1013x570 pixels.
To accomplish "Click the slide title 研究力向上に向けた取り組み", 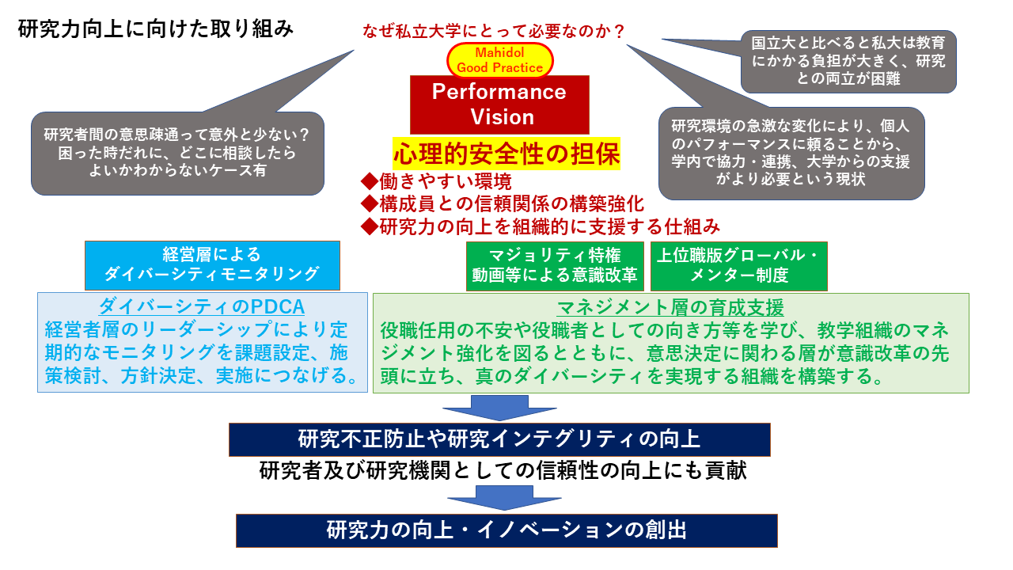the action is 156,29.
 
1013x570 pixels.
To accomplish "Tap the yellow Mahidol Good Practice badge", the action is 499,60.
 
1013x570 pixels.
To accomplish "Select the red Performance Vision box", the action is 499,104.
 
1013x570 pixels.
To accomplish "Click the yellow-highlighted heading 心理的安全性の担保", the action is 506,154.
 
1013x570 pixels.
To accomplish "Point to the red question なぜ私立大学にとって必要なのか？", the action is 494,31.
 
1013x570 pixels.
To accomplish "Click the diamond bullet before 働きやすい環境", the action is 370,182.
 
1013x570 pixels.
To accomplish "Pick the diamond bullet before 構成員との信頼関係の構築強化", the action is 370,204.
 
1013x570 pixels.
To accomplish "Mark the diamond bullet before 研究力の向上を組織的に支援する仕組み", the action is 370,226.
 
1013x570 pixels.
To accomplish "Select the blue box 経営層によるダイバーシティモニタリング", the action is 212,265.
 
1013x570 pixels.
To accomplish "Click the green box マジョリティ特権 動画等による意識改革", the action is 555,266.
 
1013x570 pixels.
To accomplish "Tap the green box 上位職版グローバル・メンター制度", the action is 739,266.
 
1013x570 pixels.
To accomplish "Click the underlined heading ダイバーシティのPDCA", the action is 202,306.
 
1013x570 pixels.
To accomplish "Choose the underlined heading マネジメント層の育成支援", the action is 670,308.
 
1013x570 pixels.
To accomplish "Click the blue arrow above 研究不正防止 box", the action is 499,408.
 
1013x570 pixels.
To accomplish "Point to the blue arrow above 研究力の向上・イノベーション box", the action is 504,498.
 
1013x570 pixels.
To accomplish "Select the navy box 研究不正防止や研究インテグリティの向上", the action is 499,439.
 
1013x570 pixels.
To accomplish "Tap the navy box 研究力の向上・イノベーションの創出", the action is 506,530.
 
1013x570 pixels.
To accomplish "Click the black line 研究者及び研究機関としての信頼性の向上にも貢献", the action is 503,470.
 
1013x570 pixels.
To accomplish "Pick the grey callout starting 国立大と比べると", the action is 848,61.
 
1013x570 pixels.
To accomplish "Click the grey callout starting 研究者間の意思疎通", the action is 177,153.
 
